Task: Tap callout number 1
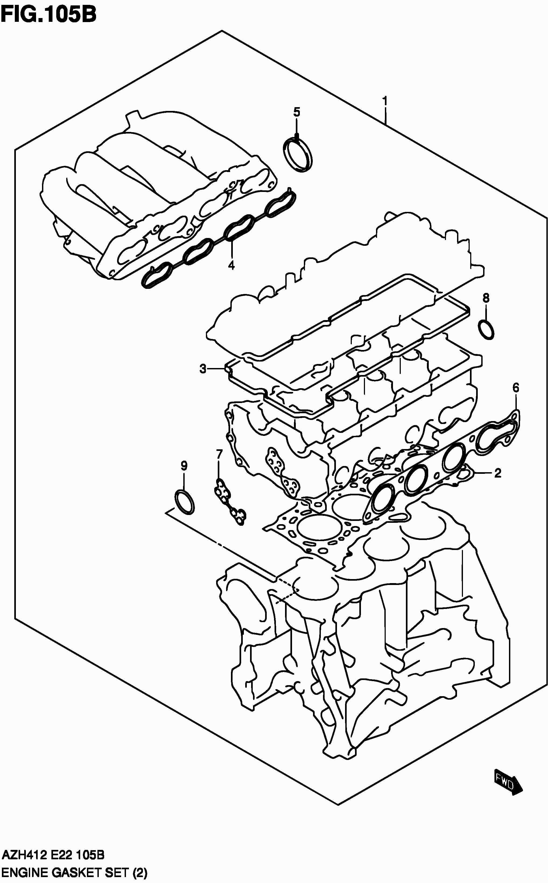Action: click(x=385, y=100)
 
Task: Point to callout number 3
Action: click(x=203, y=369)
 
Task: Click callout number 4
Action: click(x=231, y=265)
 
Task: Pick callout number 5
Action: click(x=296, y=112)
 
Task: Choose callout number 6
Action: click(x=516, y=388)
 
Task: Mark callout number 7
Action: click(x=219, y=454)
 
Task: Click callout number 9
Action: click(x=184, y=466)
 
